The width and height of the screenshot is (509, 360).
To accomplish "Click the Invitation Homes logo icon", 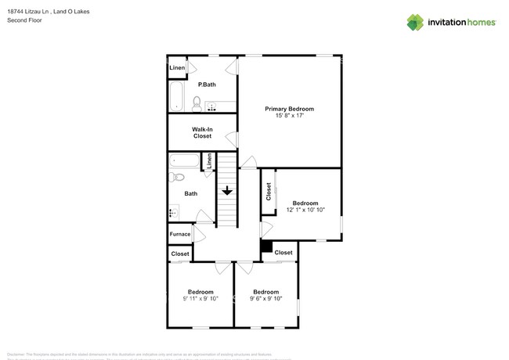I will point(417,23).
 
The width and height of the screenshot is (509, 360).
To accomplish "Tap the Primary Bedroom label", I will point(289,109).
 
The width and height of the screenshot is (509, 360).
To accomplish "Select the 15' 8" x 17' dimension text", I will point(289,116).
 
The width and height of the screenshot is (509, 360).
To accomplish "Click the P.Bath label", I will point(207,84).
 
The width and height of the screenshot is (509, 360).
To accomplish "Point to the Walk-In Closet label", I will point(203,132).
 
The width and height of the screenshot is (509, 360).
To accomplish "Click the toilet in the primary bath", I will point(197,103).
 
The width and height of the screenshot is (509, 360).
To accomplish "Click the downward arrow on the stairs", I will point(227,190).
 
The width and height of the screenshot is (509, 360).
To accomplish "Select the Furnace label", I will point(180,234).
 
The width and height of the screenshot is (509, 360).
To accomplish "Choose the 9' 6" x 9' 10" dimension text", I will point(265,298).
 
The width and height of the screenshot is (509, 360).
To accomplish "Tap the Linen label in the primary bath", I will point(177,68).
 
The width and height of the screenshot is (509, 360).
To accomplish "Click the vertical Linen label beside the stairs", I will point(209,162).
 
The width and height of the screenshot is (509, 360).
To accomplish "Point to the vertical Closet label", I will point(269,192).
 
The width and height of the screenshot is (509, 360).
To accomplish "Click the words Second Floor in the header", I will point(24,20).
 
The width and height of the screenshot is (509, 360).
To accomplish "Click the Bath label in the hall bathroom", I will point(190,193).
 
